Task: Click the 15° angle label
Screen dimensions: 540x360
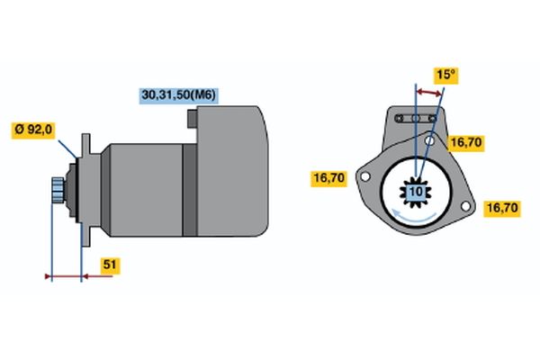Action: (x=446, y=75)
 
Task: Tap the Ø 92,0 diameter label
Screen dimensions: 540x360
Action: (x=33, y=130)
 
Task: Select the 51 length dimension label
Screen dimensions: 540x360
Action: (x=110, y=265)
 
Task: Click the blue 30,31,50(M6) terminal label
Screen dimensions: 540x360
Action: (x=178, y=95)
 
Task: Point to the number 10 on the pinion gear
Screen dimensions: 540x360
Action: (x=416, y=192)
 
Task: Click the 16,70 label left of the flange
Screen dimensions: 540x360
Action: (x=328, y=178)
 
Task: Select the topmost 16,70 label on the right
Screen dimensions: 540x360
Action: (x=466, y=142)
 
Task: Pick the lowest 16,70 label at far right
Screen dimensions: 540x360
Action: (x=502, y=208)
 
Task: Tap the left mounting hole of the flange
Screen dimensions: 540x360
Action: (x=365, y=176)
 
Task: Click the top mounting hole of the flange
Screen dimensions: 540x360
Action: (x=429, y=140)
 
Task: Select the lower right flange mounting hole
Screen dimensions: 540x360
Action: (x=465, y=206)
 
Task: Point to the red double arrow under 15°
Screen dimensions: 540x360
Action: (x=428, y=93)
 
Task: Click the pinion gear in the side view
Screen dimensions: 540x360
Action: (x=58, y=190)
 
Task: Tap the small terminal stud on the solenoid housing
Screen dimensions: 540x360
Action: (x=193, y=119)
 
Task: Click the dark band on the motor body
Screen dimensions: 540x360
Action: (x=189, y=190)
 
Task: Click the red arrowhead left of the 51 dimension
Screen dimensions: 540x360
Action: (x=48, y=276)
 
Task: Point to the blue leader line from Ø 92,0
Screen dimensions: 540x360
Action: (x=67, y=148)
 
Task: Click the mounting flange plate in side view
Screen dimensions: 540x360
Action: (x=85, y=190)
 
